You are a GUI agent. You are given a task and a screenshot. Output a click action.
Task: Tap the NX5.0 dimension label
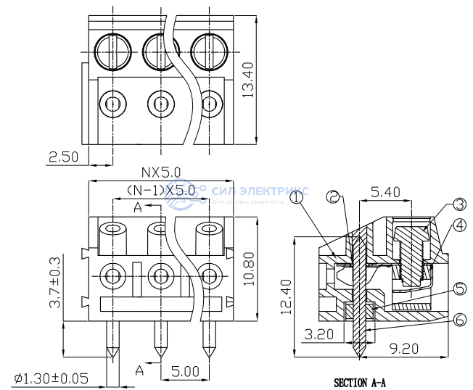[161, 173]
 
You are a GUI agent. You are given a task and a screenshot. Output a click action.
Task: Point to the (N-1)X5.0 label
[161, 190]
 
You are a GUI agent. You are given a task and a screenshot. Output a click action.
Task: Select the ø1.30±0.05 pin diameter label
[51, 378]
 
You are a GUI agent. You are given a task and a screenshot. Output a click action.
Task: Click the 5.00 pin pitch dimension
[185, 371]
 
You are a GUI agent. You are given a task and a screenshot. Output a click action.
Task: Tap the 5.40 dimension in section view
[385, 192]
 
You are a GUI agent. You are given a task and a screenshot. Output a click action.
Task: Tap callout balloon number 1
[297, 196]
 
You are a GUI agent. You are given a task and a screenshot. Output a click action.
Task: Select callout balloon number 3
[459, 204]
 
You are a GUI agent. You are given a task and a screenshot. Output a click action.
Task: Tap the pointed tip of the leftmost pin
[112, 357]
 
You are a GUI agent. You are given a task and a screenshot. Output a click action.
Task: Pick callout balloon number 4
[458, 225]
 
